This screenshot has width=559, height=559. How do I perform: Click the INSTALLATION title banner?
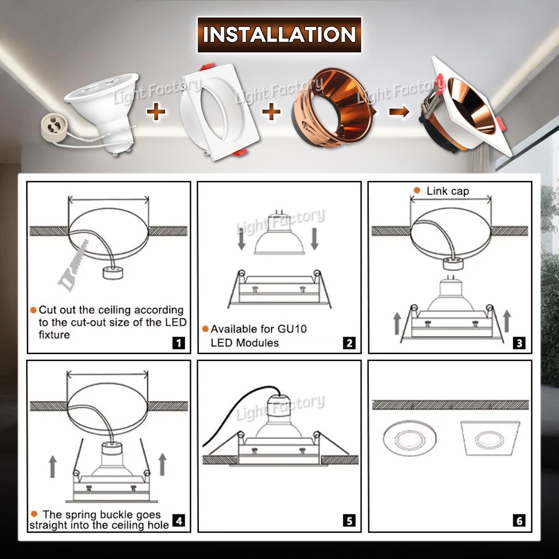tap(279, 35)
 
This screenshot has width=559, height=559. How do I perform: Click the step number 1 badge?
tap(179, 343)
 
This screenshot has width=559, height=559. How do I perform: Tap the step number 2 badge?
tap(349, 343)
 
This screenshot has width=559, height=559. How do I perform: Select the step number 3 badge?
tap(519, 343)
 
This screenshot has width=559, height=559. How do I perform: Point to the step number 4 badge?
tap(179, 520)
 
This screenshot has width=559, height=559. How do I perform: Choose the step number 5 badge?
tap(349, 521)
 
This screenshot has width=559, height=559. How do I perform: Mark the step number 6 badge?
tap(519, 521)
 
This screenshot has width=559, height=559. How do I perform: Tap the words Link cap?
tap(448, 191)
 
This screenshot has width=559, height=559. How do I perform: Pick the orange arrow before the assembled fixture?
tap(399, 112)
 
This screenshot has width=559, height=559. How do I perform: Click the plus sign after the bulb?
tap(156, 112)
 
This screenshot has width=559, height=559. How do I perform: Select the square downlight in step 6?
tap(490, 438)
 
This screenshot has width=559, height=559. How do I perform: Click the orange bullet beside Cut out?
tap(34, 310)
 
